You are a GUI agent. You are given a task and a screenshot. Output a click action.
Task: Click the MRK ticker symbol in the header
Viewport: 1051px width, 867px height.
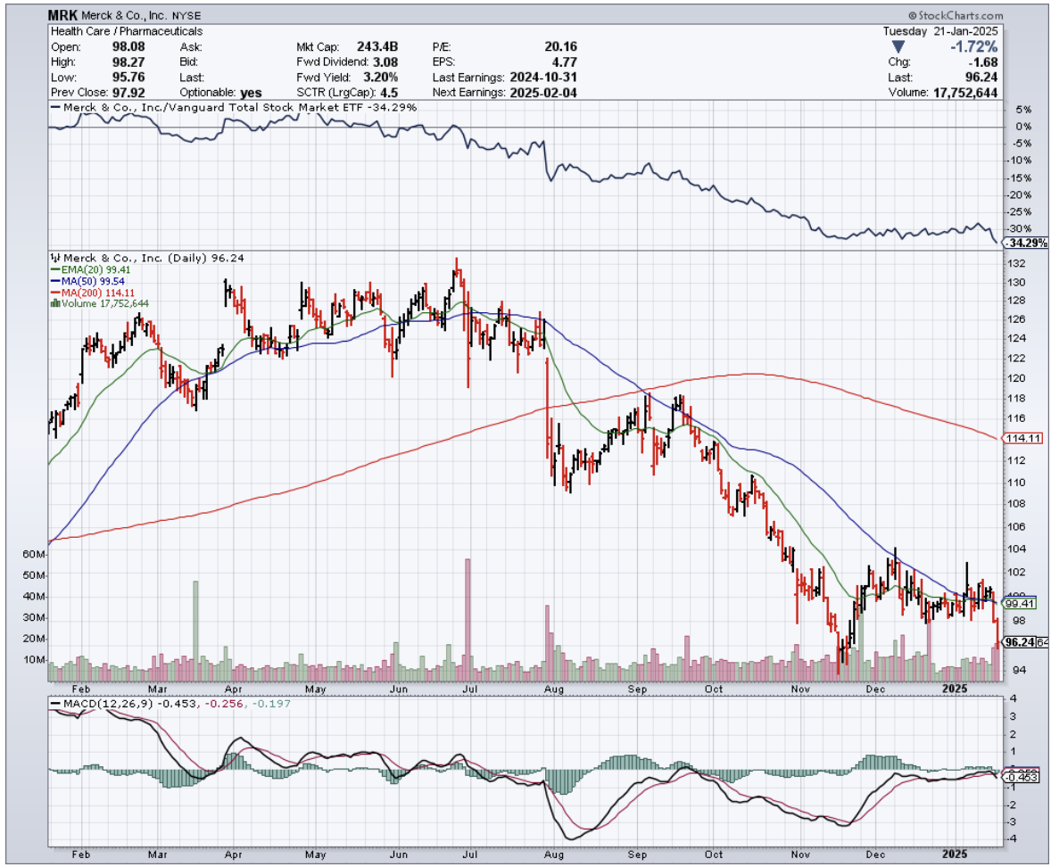click(x=64, y=16)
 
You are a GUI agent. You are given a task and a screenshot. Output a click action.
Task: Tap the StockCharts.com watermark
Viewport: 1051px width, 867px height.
click(x=955, y=16)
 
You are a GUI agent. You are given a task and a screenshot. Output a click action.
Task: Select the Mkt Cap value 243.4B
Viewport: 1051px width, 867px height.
click(x=380, y=46)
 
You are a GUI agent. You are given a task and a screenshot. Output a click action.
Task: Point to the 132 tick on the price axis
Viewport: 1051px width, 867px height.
click(x=1014, y=264)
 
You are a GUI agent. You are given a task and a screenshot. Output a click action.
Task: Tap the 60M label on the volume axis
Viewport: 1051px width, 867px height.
click(x=34, y=555)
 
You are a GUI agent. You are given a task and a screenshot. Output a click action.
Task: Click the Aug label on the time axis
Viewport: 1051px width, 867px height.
click(x=554, y=689)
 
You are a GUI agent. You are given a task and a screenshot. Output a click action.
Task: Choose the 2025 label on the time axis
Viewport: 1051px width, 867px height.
click(x=956, y=689)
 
